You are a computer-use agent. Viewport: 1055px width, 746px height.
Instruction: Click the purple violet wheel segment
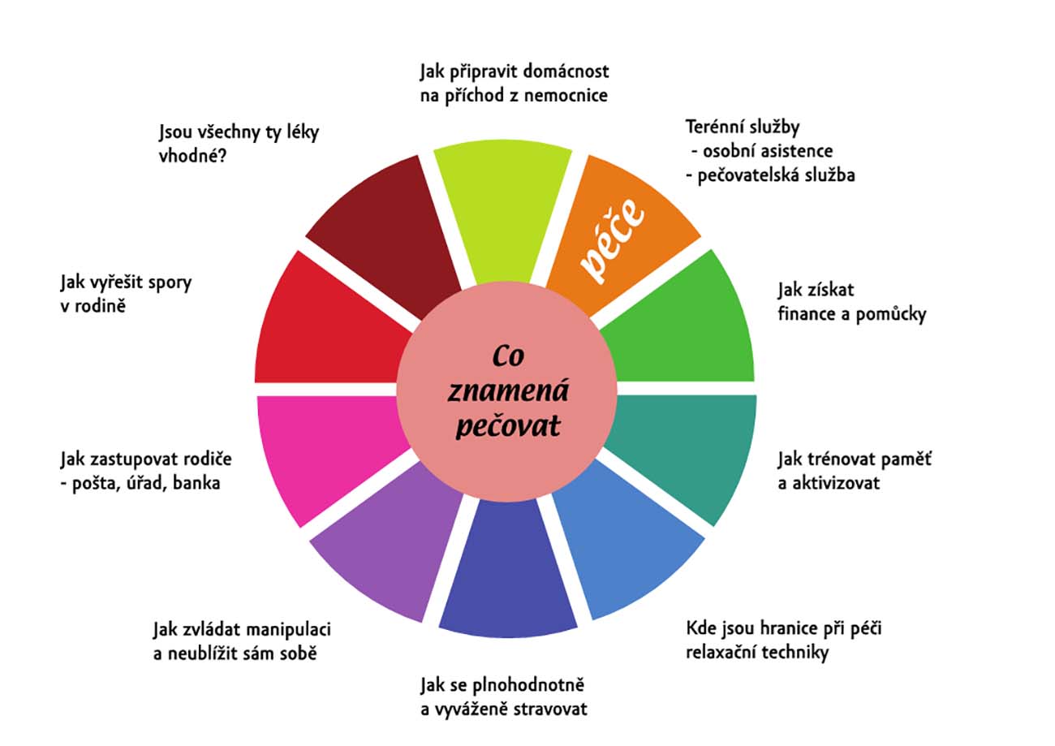coord(391,537)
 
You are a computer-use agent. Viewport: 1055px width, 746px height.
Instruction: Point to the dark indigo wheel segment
coord(508,570)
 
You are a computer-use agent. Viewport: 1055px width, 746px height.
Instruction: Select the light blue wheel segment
coord(627,537)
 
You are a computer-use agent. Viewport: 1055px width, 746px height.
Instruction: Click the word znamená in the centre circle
coord(508,390)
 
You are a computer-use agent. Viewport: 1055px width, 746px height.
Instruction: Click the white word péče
coord(612,240)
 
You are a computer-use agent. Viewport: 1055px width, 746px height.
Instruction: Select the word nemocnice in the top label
coord(566,96)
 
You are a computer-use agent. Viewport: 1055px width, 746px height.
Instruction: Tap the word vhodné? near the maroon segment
coord(192,155)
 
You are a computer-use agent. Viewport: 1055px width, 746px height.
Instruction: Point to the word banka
coord(196,483)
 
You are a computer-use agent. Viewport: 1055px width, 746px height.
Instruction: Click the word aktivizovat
coord(836,483)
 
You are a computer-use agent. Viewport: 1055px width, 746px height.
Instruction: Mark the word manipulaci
coord(288,630)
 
